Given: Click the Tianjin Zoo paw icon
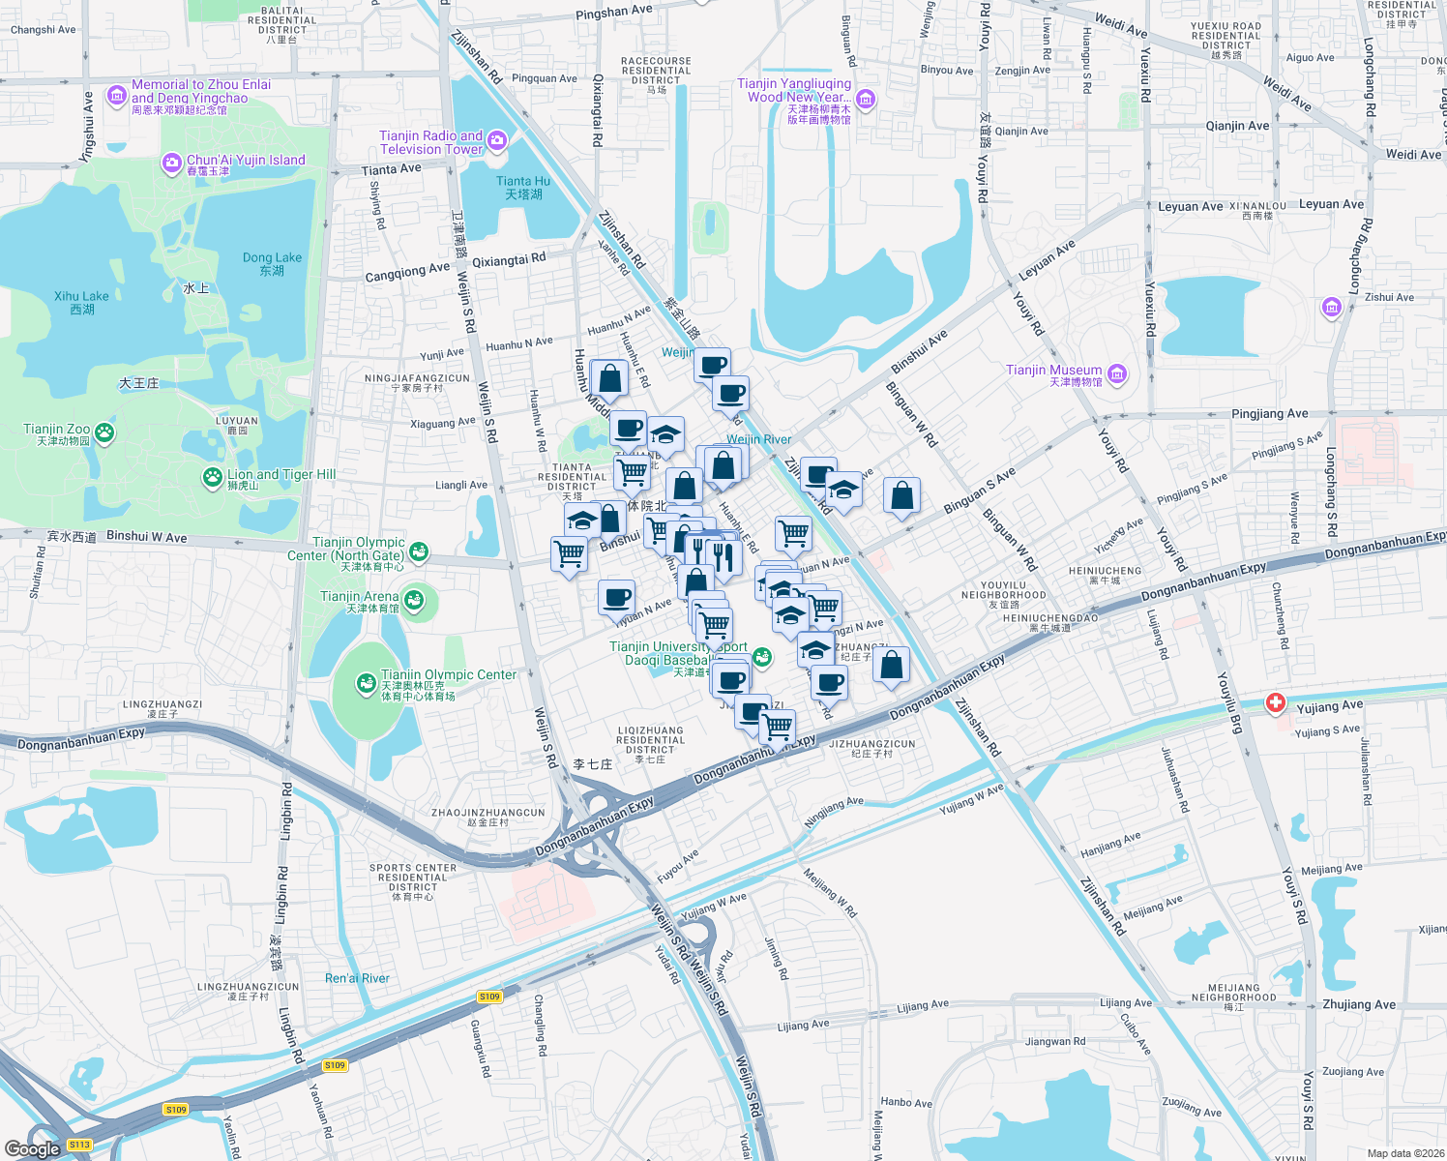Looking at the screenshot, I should coord(104,433).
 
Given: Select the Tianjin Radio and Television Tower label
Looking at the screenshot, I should coord(430,142).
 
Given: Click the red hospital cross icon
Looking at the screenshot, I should coord(1276,703).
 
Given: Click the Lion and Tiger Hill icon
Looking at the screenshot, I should coord(212,477).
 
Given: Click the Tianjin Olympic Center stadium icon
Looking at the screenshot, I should coord(366,684).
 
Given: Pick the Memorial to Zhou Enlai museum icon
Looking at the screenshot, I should coord(117,95).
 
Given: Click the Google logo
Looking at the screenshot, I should coord(32,1148).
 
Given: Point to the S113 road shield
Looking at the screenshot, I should coord(79,1145).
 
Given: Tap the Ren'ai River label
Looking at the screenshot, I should coord(357,978).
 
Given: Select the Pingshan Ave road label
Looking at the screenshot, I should coord(613,13).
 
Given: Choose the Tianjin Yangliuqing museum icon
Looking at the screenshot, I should coord(866,99).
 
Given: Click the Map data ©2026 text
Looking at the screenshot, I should coord(1405,1152).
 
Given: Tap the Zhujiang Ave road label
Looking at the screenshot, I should coord(1359,1004).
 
